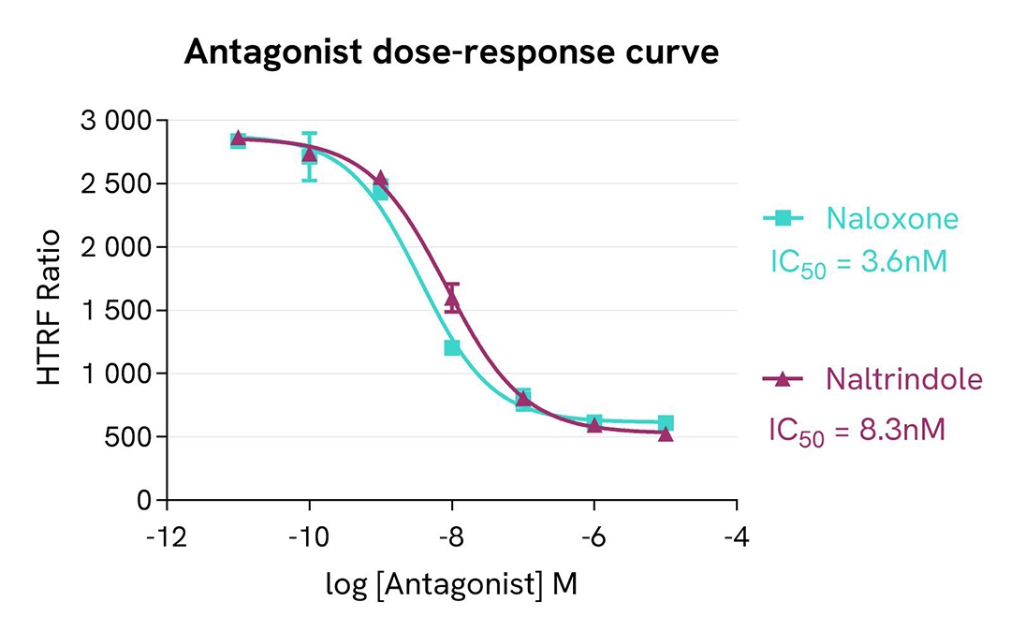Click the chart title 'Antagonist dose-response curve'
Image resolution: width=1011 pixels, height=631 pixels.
(451, 52)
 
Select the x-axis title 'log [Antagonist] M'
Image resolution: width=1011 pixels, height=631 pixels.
(451, 585)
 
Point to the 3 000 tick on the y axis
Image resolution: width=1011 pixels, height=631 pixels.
(116, 121)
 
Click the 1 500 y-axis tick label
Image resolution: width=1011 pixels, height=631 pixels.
(116, 311)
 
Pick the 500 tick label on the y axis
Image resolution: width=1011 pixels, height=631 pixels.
(133, 437)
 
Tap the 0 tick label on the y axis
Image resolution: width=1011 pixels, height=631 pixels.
(145, 501)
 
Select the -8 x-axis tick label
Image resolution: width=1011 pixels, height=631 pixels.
(452, 539)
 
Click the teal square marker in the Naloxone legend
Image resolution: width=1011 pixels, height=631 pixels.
(784, 218)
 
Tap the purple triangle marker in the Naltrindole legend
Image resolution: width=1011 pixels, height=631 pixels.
(784, 379)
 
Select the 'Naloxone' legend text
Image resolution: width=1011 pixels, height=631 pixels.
(892, 219)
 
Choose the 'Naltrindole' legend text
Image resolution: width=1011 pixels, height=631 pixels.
(904, 379)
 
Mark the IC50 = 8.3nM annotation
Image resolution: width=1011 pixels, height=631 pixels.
(857, 431)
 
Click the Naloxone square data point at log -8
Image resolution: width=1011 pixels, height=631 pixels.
(452, 348)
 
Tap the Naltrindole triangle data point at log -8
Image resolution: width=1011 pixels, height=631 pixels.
(452, 300)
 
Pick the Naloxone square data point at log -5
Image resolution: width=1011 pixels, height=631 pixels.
(666, 423)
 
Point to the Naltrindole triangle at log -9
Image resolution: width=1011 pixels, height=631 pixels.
(380, 178)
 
